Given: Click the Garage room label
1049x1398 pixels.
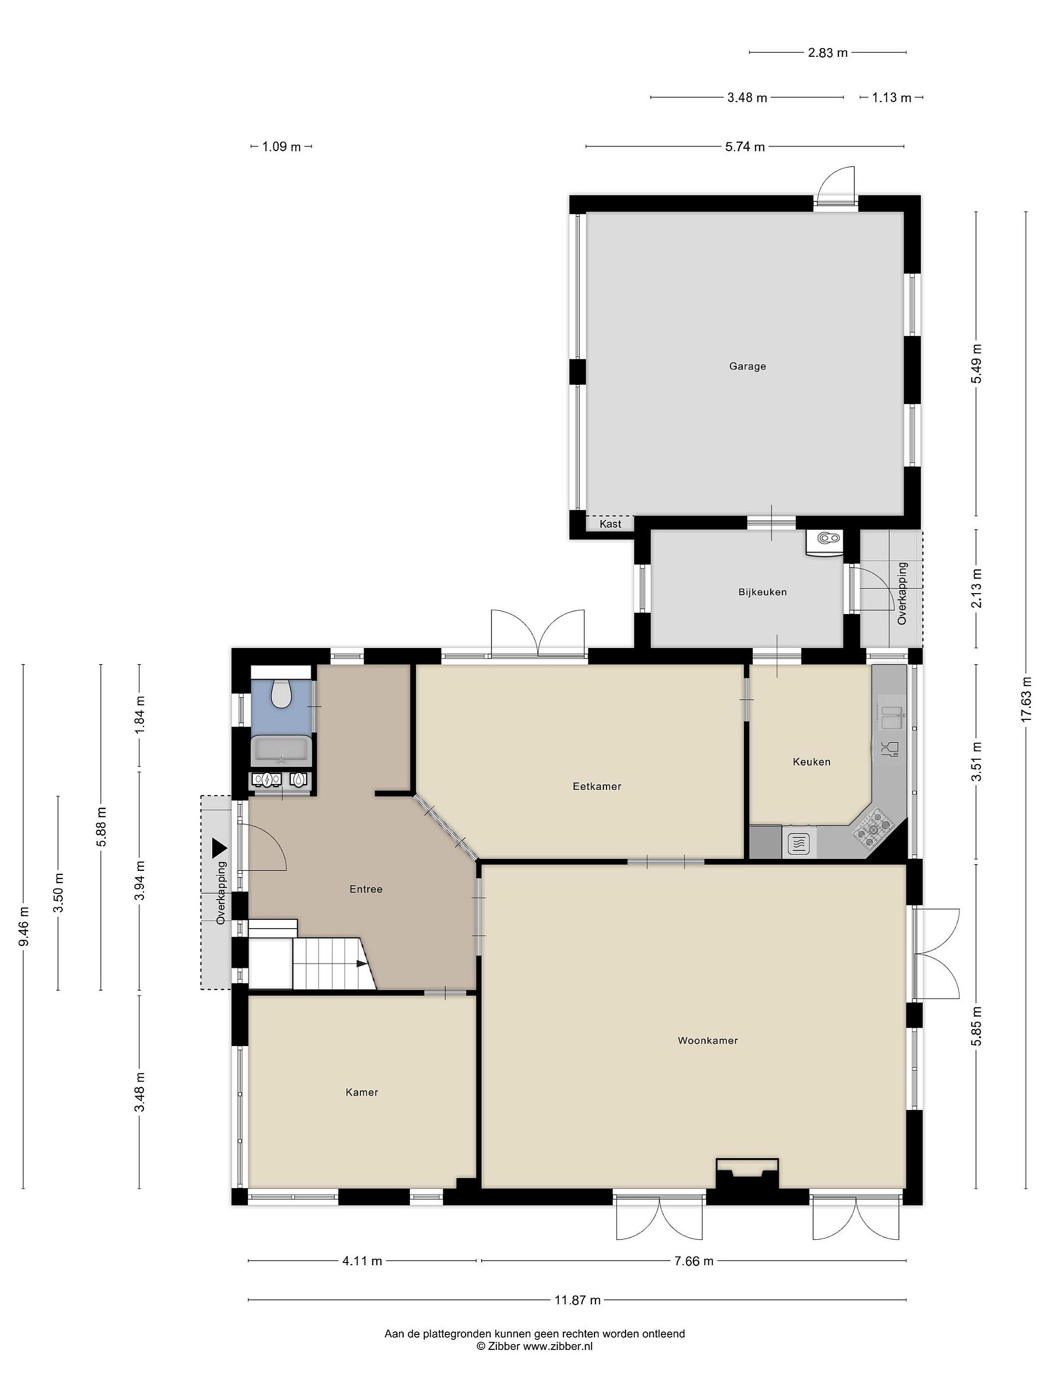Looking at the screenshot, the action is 747,366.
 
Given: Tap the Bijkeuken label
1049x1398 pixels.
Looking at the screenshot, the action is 762,592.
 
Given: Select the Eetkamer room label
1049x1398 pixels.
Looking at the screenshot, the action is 597,787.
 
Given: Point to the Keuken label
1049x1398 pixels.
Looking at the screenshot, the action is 811,762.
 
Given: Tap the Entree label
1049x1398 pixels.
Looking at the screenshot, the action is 366,889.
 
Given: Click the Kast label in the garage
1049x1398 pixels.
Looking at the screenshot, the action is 610,524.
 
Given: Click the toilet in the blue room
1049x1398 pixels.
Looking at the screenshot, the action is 281,693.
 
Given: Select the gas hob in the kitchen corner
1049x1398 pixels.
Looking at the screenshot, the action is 874,829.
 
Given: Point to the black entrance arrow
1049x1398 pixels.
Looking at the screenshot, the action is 220,846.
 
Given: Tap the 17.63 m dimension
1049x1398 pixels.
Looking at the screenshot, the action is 1027,699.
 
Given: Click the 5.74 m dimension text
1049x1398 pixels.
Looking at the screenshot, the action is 745,147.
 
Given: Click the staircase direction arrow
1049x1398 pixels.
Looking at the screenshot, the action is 361,964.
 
